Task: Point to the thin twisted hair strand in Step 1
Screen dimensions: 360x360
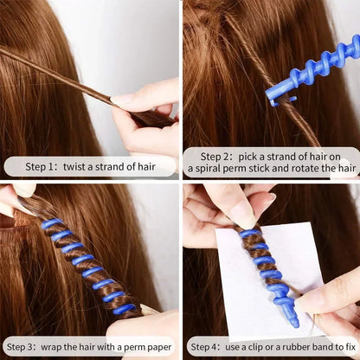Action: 52,69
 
